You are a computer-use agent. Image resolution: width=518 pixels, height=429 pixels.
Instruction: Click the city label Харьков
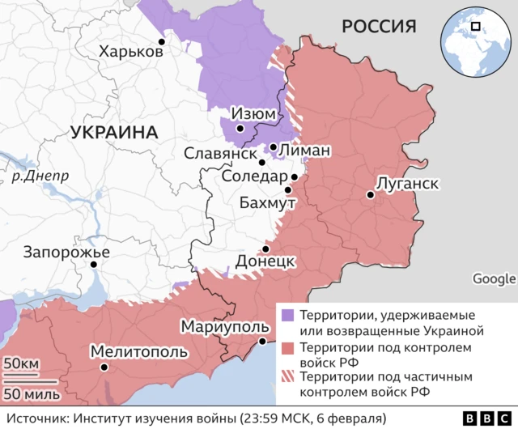tap(130, 52)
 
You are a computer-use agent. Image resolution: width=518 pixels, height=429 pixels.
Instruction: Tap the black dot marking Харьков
tap(162, 41)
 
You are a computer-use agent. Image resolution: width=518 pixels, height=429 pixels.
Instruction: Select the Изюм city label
tap(253, 114)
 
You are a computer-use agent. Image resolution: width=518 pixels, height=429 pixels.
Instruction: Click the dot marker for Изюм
tap(240, 128)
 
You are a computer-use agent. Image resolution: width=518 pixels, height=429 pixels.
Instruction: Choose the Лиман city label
tap(304, 150)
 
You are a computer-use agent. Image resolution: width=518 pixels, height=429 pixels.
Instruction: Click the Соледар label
tap(254, 176)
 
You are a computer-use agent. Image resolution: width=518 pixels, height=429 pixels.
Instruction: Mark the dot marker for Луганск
tap(370, 194)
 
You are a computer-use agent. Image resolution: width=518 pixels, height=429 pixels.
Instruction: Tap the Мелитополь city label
tap(139, 352)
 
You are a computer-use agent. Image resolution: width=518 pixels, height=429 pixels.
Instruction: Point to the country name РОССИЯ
tap(379, 27)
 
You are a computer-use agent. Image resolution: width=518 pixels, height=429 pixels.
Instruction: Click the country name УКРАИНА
tap(113, 133)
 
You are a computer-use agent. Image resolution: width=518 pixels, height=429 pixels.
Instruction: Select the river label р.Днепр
tap(35, 174)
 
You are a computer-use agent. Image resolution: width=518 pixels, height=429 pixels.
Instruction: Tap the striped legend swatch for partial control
tap(287, 378)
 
